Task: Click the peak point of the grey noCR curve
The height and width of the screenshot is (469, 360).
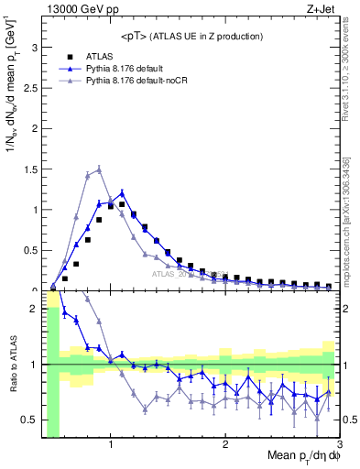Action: click(x=99, y=169)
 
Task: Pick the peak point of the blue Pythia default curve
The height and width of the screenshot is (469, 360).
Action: click(x=122, y=193)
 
